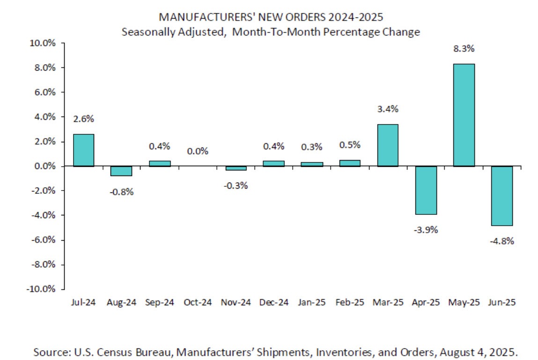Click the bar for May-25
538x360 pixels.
(464, 115)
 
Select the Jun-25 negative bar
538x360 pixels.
(502, 196)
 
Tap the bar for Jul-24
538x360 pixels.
(84, 150)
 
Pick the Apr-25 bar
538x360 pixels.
(426, 190)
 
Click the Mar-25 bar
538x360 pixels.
(388, 145)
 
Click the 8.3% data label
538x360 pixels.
(464, 48)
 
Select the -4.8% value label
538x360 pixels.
(502, 242)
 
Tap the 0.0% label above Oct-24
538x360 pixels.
(198, 151)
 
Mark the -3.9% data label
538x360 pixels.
(426, 230)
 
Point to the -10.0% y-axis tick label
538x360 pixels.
(42, 289)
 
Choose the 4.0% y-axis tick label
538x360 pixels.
(44, 117)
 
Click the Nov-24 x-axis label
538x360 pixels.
(236, 302)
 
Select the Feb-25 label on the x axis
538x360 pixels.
(350, 302)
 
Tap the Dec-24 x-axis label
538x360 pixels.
(274, 302)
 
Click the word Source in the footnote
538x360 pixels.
(48, 351)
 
